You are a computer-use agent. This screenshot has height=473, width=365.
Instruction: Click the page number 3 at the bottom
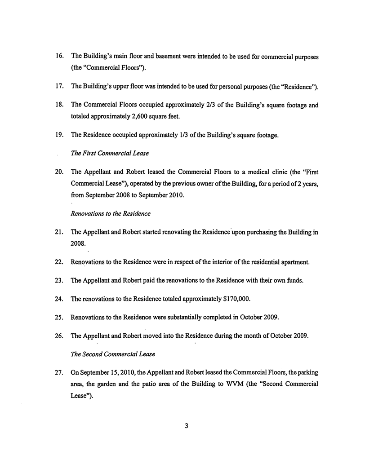[x=186, y=426]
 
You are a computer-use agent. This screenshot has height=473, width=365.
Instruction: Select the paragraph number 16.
[x=59, y=58]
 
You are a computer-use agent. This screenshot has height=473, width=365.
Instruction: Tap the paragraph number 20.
[x=59, y=172]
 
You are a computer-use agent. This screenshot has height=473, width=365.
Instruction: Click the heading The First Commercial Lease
[x=110, y=153]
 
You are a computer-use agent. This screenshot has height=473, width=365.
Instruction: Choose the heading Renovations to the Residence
[x=111, y=214]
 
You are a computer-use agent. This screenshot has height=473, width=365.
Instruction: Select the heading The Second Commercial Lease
[x=113, y=354]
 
